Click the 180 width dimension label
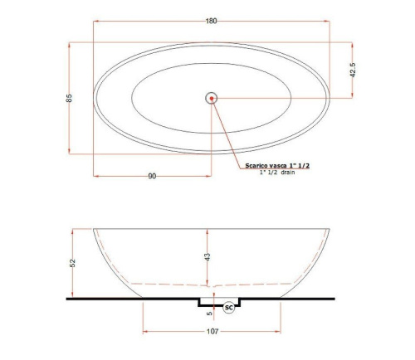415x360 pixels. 211,21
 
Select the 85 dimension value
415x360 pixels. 69,98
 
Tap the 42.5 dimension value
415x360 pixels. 353,70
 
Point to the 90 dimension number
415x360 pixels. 152,176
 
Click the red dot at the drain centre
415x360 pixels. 212,98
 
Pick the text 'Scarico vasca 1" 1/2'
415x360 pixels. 277,166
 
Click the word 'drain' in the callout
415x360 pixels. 288,173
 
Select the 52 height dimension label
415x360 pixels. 72,263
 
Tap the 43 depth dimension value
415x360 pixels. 207,257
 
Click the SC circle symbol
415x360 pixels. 229,308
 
